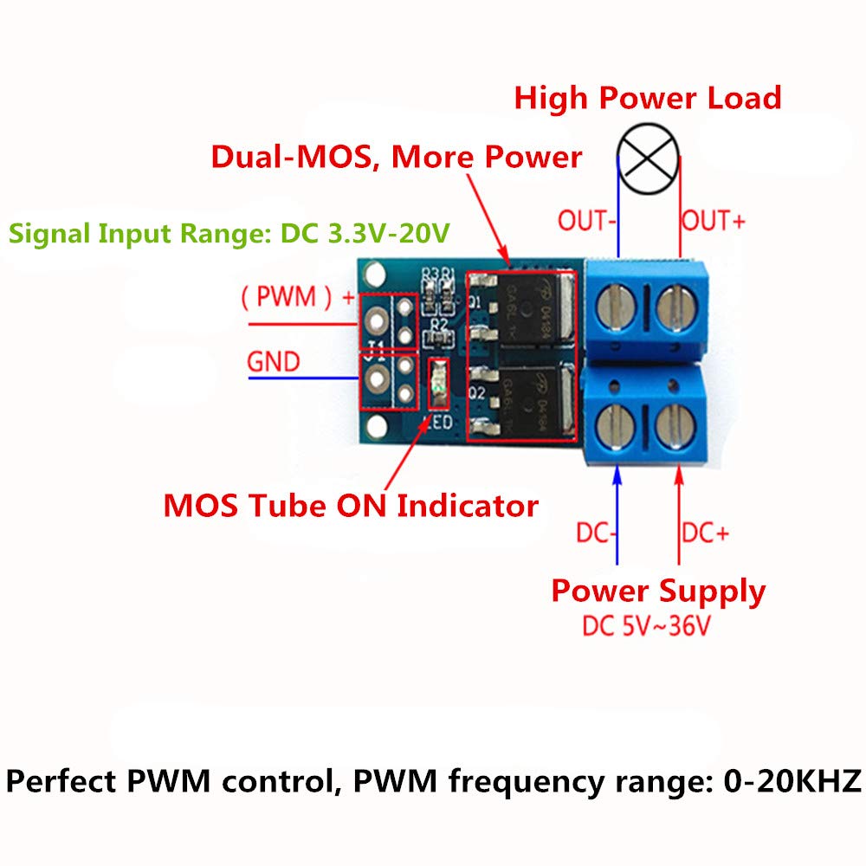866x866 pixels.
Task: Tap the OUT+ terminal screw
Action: (675, 308)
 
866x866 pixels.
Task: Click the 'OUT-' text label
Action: (586, 221)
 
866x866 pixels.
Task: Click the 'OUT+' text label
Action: (713, 221)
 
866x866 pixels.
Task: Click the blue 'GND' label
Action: (274, 361)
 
